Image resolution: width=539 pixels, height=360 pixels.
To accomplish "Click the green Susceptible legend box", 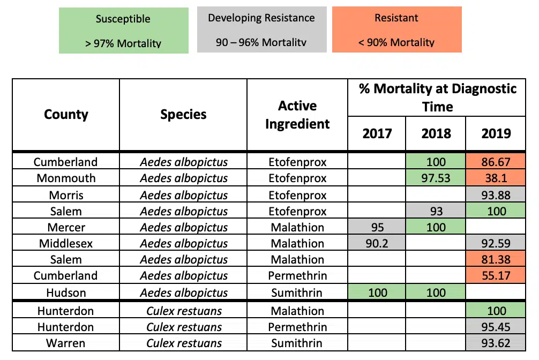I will pyautogui.click(x=123, y=30).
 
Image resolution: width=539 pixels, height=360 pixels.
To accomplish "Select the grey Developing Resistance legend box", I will pyautogui.click(x=261, y=29).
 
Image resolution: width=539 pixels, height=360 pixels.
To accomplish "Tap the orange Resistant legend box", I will pyautogui.click(x=396, y=29).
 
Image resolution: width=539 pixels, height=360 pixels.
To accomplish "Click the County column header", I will pyautogui.click(x=66, y=114).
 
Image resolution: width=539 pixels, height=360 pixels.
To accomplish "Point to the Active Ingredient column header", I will pyautogui.click(x=297, y=115).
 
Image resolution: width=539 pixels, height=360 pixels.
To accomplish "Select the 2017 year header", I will pyautogui.click(x=377, y=133).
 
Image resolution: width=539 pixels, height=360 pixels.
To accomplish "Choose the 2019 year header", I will pyautogui.click(x=496, y=133).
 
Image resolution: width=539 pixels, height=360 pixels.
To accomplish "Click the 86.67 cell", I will pyautogui.click(x=496, y=162).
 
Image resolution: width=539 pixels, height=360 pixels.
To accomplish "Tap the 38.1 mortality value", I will pyautogui.click(x=496, y=178).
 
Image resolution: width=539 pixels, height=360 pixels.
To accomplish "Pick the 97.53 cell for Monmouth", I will pyautogui.click(x=436, y=178).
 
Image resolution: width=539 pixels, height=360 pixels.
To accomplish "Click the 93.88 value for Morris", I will pyautogui.click(x=496, y=194).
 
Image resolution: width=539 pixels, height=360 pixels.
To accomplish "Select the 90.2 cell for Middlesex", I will pyautogui.click(x=377, y=243).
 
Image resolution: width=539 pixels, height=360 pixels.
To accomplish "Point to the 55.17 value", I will pyautogui.click(x=496, y=276).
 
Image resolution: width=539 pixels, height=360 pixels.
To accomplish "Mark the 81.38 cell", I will pyautogui.click(x=496, y=260).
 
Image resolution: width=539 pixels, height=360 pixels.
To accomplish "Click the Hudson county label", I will pyautogui.click(x=66, y=292).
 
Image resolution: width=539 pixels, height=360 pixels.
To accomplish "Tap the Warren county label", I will pyautogui.click(x=66, y=343).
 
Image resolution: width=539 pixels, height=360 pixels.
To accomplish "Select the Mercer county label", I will pyautogui.click(x=66, y=227).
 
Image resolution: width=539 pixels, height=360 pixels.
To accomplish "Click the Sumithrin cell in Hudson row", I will pyautogui.click(x=297, y=292).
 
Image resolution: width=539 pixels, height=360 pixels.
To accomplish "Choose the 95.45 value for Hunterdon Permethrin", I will pyautogui.click(x=496, y=327).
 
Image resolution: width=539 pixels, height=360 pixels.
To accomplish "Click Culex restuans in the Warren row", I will pyautogui.click(x=184, y=343).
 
